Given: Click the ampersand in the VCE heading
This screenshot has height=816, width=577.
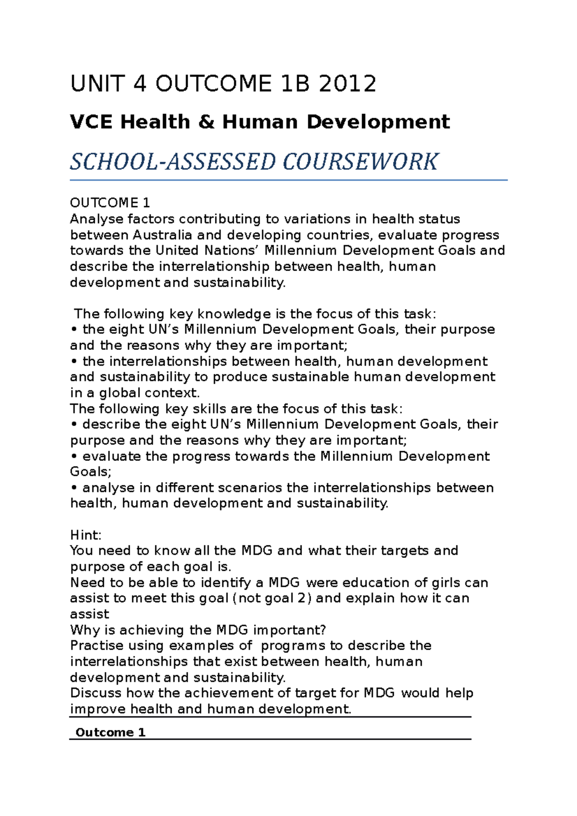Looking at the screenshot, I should click(x=206, y=122).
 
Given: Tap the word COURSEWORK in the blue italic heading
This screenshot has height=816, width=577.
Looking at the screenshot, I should click(x=360, y=161).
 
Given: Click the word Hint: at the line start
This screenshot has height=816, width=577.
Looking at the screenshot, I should click(x=86, y=535).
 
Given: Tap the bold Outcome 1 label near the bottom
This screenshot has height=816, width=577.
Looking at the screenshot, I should click(x=110, y=732).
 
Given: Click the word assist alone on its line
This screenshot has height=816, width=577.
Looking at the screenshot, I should click(x=89, y=614).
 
